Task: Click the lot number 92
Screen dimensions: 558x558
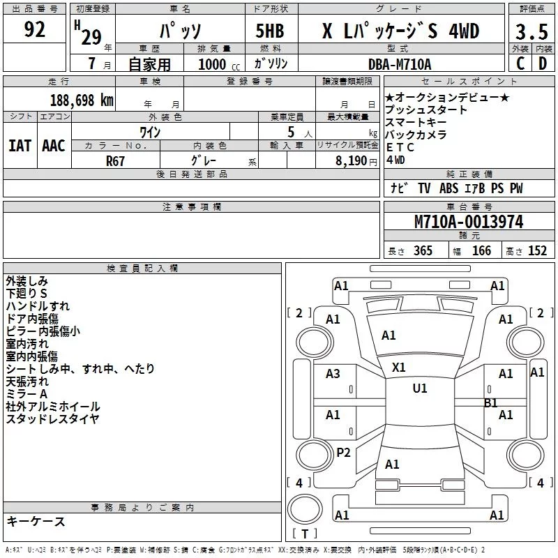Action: [34, 29]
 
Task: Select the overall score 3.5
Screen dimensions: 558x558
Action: [531, 31]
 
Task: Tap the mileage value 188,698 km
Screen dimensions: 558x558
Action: [82, 100]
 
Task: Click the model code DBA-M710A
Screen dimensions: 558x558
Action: [400, 64]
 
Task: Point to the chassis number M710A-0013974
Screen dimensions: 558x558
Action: [469, 222]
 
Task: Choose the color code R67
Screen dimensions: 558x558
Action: [115, 161]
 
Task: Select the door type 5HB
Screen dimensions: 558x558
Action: [270, 31]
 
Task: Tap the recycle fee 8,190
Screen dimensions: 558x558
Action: [352, 160]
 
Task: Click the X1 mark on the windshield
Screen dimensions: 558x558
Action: [398, 368]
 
